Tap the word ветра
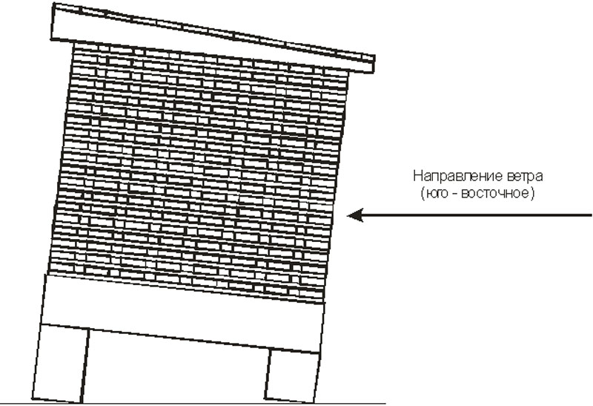[x=523, y=177]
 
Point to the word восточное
[x=494, y=193]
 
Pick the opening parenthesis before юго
[x=423, y=193]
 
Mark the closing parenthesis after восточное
[x=531, y=193]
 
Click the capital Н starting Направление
[x=417, y=176]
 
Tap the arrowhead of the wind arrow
[x=355, y=215]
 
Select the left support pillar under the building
[x=61, y=363]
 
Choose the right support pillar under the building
[x=292, y=376]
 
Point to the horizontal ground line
[x=193, y=403]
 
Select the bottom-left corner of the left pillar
[x=32, y=399]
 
